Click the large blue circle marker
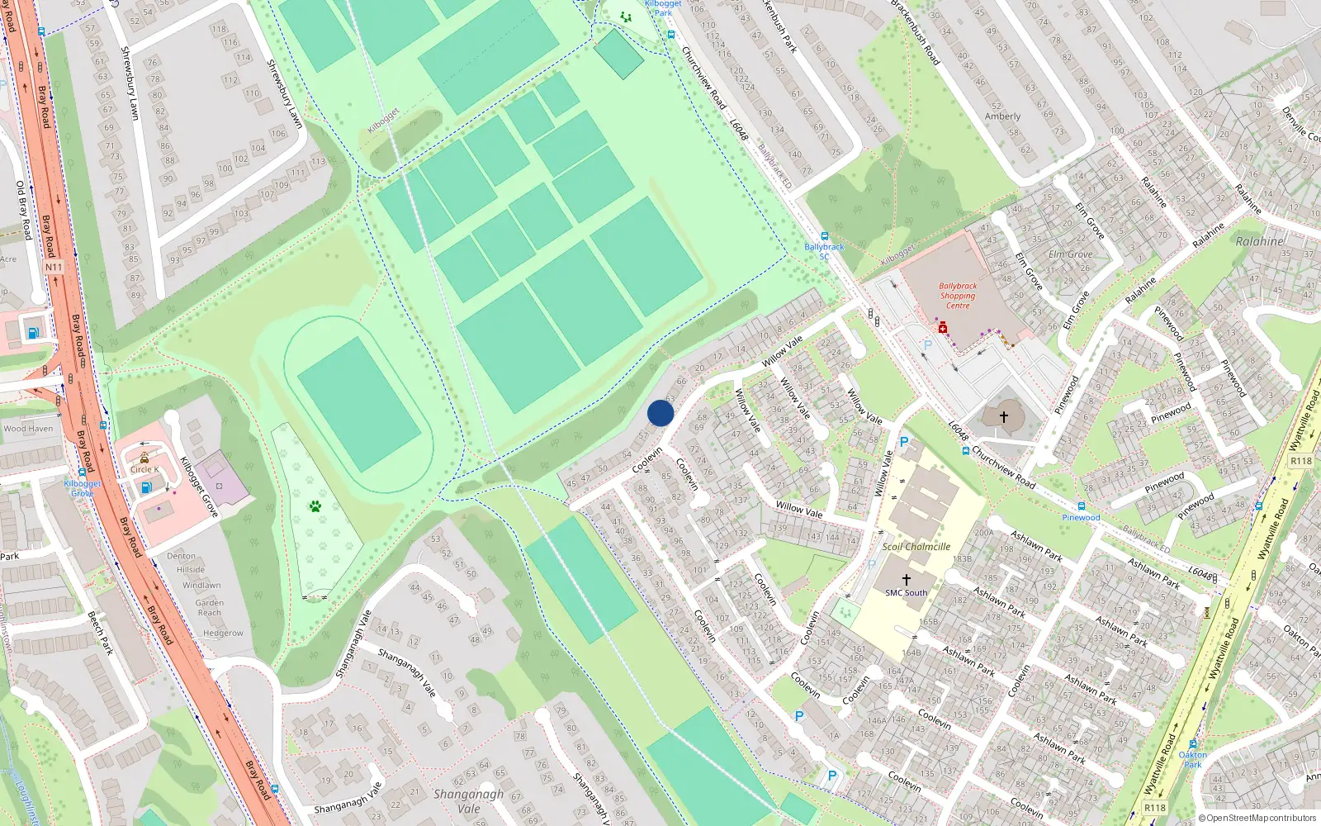660,413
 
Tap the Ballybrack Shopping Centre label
958,296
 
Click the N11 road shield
54,267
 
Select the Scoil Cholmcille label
916,547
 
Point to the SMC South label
906,592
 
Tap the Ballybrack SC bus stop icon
824,236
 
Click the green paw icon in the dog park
315,506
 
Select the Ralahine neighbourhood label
1260,241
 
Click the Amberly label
1002,116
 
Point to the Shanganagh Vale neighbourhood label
468,801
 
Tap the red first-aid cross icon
943,329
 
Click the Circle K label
144,469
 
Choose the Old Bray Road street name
23,211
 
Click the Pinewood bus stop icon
1081,506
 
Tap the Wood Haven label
28,429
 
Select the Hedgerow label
223,634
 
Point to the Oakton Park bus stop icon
1192,743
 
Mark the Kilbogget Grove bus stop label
82,488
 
